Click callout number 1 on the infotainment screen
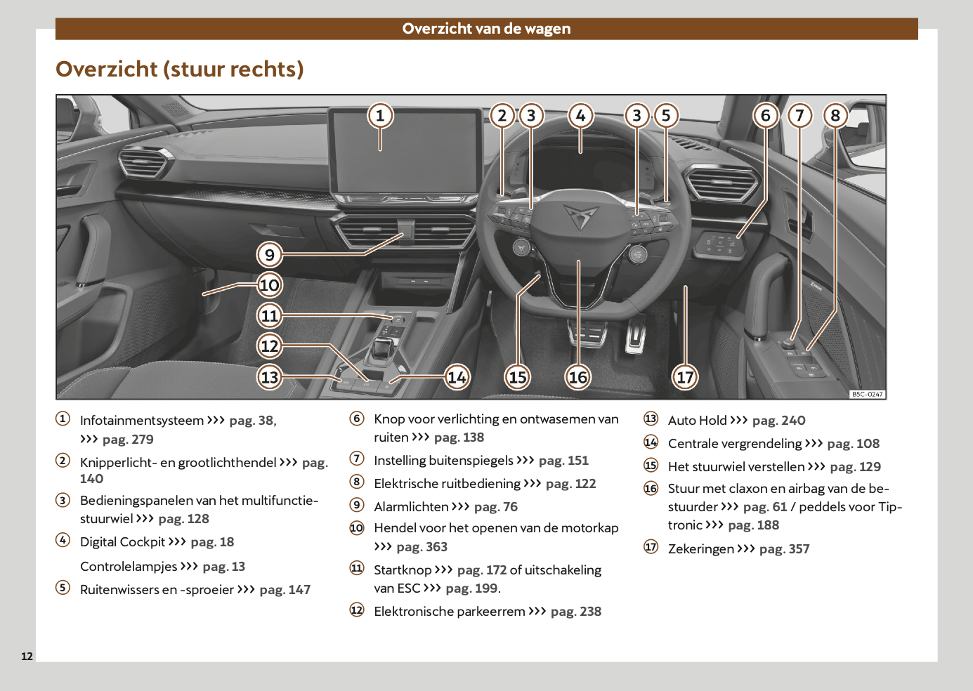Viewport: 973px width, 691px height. tap(380, 115)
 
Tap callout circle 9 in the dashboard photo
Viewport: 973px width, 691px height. tap(270, 255)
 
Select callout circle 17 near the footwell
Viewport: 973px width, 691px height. tap(685, 377)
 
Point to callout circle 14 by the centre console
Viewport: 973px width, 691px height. tap(457, 377)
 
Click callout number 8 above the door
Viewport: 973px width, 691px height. tap(835, 115)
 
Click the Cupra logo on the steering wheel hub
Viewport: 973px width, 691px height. tap(579, 216)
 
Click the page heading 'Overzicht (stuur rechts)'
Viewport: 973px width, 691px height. tap(180, 69)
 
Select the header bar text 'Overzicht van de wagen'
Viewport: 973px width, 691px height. tap(486, 29)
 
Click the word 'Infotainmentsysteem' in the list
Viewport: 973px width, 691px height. tap(141, 421)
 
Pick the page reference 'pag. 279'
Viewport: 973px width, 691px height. tap(128, 440)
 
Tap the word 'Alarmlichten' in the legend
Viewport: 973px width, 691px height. tap(411, 507)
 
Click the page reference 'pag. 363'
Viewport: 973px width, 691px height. tap(422, 547)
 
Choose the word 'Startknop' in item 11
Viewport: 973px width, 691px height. tap(403, 570)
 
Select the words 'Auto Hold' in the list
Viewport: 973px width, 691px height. tap(697, 421)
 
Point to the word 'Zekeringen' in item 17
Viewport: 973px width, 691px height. tap(700, 549)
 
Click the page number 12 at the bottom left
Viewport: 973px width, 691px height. tap(27, 657)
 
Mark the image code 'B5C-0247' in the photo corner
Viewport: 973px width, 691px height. tap(867, 395)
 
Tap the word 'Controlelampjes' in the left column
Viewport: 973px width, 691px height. tap(129, 567)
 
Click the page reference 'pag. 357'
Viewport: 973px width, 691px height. tap(784, 549)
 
